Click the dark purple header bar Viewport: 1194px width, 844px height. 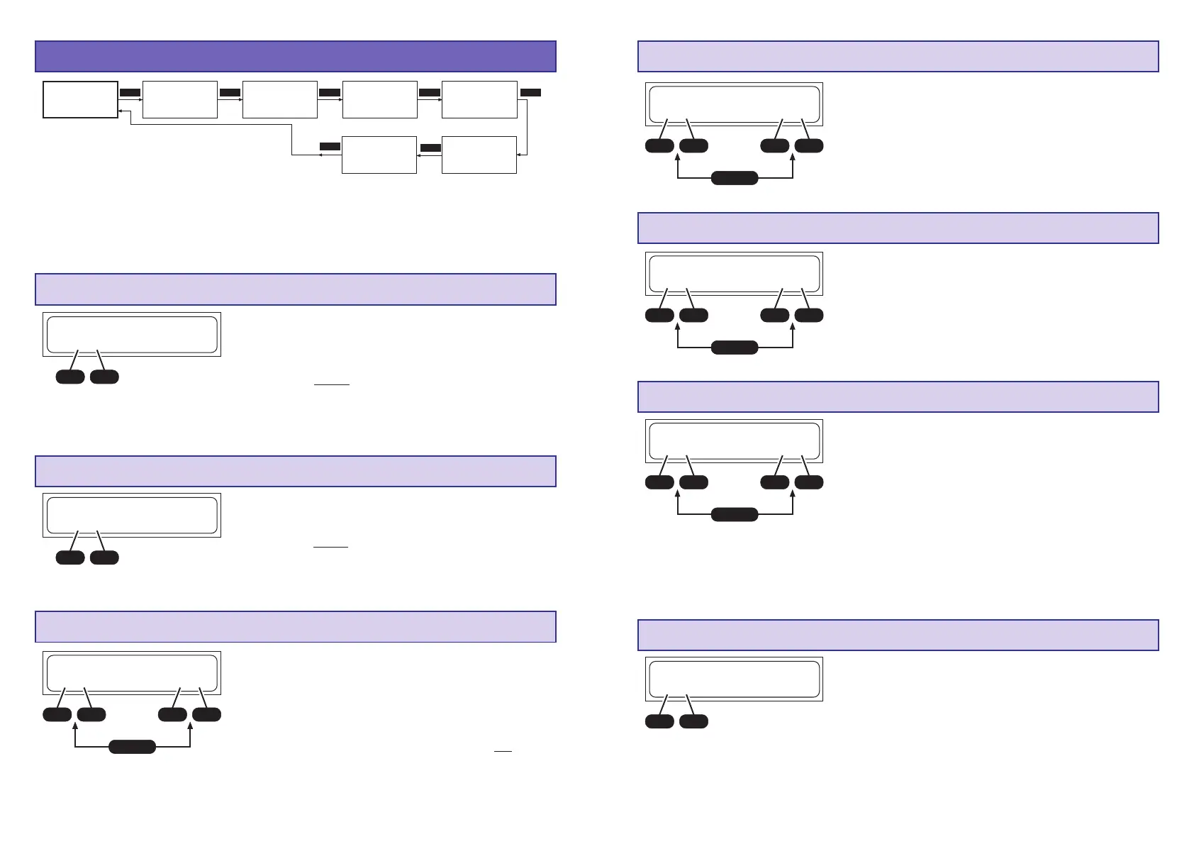pos(295,57)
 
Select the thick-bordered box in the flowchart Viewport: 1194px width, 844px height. pos(80,99)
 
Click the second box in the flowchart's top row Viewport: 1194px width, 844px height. pos(179,99)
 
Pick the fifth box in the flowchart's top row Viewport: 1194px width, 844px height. pos(479,99)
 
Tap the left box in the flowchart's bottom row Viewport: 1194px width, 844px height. pos(379,155)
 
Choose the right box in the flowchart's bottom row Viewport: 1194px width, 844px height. pos(479,155)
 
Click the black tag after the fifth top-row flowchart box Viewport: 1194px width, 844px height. pos(530,92)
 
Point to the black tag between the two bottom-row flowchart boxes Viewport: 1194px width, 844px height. pos(430,148)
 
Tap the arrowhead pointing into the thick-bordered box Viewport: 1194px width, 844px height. pos(121,111)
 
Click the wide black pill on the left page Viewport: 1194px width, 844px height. pos(132,746)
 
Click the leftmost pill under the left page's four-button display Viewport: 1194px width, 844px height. pos(57,714)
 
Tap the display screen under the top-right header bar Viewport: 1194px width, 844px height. pos(734,104)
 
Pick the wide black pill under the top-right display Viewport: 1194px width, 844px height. pos(735,178)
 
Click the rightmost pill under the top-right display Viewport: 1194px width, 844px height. pos(809,145)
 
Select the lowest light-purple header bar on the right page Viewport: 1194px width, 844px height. pos(898,635)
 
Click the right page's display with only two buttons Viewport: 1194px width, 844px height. pos(734,679)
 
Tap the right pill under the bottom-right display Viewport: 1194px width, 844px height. pos(693,721)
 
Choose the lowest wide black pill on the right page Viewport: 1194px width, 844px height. pos(735,514)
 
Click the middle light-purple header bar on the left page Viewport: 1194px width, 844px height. pos(295,471)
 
